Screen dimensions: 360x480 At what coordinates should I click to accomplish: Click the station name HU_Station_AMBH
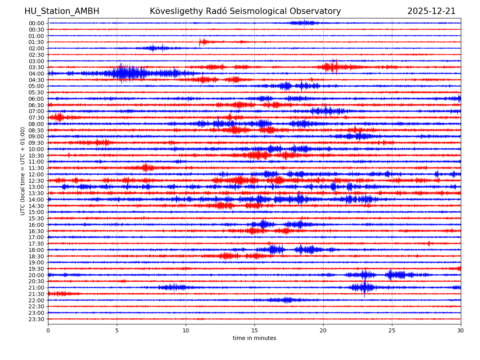click(62, 11)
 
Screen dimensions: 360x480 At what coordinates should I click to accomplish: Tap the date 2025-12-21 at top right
click(431, 11)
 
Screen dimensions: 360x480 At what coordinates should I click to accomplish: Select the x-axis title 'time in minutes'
click(254, 338)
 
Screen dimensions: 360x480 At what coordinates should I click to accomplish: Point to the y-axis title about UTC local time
click(23, 171)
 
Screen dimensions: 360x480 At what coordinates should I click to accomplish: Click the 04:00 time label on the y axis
click(36, 74)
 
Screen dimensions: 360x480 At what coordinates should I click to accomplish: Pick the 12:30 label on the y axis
click(36, 181)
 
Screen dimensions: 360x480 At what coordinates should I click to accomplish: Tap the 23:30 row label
click(36, 319)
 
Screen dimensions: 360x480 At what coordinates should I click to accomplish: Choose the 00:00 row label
click(36, 23)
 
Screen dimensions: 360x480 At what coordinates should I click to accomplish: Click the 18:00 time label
click(36, 250)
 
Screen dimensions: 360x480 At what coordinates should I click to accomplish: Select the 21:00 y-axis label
click(36, 288)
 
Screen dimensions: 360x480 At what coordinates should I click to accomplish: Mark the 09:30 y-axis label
click(36, 143)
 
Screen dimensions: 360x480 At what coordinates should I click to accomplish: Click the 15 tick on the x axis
click(254, 331)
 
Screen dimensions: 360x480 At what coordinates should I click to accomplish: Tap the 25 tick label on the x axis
click(392, 331)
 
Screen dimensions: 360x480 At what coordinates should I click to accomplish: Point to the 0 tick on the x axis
click(48, 331)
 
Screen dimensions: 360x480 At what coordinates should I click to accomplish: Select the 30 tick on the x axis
click(461, 331)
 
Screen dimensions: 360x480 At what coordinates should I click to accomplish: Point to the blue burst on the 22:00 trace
click(286, 300)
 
